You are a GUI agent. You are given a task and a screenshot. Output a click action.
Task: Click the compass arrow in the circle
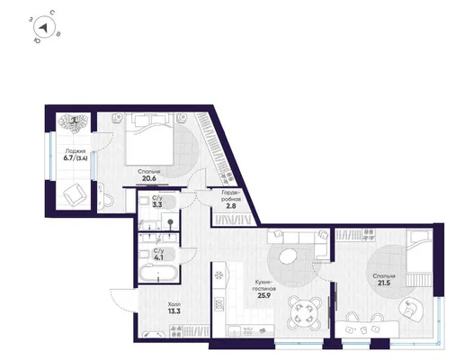[44, 28]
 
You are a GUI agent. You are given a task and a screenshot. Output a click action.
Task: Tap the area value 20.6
[149, 178]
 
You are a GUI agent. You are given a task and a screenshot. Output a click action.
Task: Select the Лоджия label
[75, 151]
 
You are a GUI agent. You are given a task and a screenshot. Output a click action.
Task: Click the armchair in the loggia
[75, 194]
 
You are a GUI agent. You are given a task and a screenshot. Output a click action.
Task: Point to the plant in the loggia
[74, 122]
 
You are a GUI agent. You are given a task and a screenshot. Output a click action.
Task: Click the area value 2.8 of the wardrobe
[231, 206]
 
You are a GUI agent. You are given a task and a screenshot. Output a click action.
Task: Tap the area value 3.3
[157, 205]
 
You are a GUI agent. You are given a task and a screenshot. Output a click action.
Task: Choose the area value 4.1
[158, 258]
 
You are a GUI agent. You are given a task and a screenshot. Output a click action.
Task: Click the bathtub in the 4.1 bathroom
[157, 274]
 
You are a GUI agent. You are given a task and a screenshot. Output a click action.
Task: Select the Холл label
[174, 304]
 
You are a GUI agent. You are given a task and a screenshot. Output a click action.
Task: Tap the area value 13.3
[174, 311]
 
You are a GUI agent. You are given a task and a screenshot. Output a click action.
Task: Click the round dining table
[304, 313]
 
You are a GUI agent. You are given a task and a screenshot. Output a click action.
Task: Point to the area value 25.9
[264, 295]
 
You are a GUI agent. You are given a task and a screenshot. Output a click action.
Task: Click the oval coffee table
[288, 256]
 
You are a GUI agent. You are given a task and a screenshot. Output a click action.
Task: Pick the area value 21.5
[384, 283]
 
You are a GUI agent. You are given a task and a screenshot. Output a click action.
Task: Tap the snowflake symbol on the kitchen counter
[219, 275]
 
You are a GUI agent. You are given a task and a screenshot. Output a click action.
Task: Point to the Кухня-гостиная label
[265, 285]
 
